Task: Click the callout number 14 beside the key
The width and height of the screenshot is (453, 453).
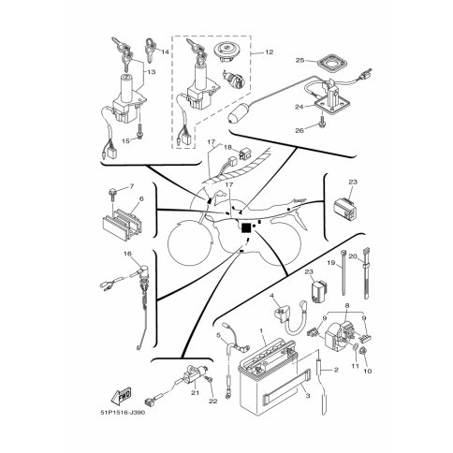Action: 165,51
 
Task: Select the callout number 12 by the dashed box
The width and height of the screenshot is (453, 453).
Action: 269,51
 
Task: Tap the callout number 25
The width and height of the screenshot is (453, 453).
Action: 300,60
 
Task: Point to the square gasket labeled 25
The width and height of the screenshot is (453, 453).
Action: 332,64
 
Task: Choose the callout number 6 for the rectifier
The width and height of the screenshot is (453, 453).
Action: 141,198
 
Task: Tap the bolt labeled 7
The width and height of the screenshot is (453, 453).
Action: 111,194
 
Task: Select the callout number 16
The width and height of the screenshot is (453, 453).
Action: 127,254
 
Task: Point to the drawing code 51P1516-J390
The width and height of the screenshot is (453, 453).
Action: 123,413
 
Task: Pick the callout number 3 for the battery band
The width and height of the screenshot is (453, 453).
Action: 308,396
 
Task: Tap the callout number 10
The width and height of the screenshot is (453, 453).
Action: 368,372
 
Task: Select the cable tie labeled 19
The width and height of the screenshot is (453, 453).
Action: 343,272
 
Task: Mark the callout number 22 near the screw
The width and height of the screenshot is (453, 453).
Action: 212,402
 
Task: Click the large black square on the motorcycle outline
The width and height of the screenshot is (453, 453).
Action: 246,228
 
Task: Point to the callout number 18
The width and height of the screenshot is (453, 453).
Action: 228,147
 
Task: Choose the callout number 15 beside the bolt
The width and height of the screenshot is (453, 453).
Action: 125,141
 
